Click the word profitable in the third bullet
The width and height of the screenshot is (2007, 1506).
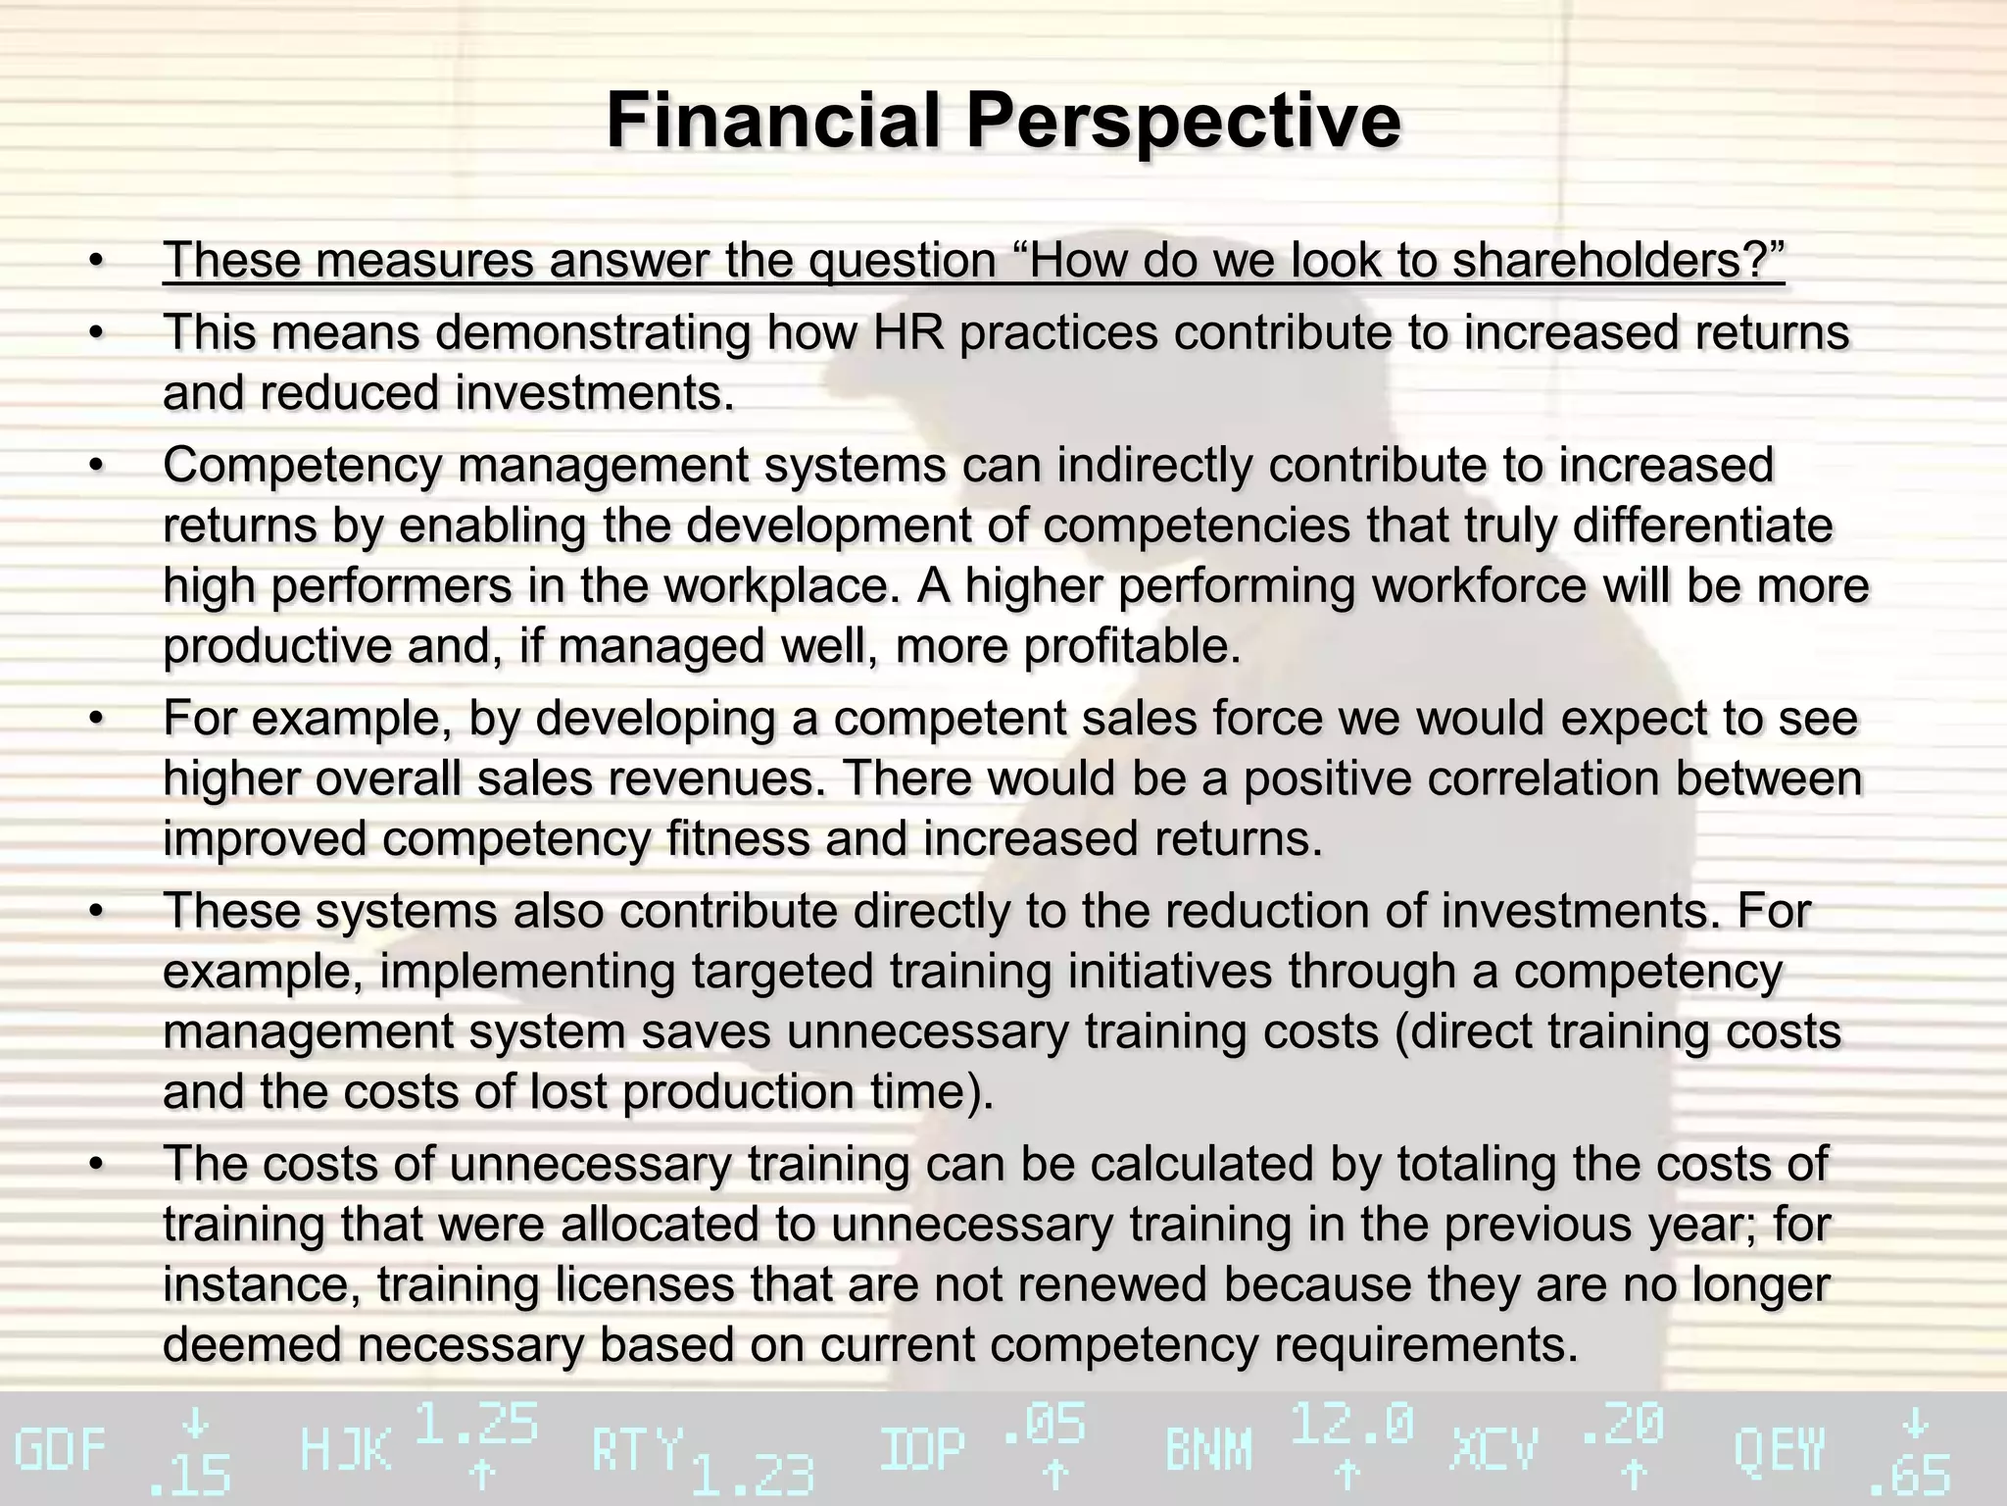[1130, 646]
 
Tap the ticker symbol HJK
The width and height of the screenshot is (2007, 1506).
[345, 1451]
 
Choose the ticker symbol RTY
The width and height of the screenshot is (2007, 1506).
[636, 1451]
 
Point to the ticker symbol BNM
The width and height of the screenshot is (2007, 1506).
[1208, 1451]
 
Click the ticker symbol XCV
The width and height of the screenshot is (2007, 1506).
[1493, 1451]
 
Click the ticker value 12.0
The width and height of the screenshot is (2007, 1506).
[1352, 1424]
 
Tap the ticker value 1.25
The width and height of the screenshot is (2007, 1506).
[477, 1424]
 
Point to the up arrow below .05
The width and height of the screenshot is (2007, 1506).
[1054, 1474]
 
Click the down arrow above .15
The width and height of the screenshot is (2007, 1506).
[196, 1423]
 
